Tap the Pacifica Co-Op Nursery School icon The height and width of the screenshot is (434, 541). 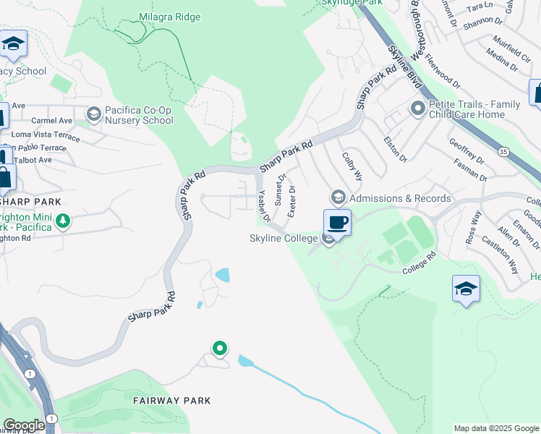pos(93,114)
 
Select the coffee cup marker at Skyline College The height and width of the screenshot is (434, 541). pos(337,222)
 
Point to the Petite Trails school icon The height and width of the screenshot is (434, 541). pos(417,109)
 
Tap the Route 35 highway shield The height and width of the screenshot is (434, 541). pos(503,152)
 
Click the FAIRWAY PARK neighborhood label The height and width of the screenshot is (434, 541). pos(171,400)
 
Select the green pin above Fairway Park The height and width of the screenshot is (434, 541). pos(219,349)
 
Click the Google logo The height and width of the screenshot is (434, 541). pos(23,425)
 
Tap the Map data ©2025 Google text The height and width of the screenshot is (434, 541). pos(495,428)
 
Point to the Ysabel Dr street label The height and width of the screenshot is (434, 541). pos(264,206)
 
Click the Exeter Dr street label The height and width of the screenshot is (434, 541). pos(291,202)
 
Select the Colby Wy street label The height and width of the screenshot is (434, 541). pos(352,166)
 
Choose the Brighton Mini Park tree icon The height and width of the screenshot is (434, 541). pos(63,220)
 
